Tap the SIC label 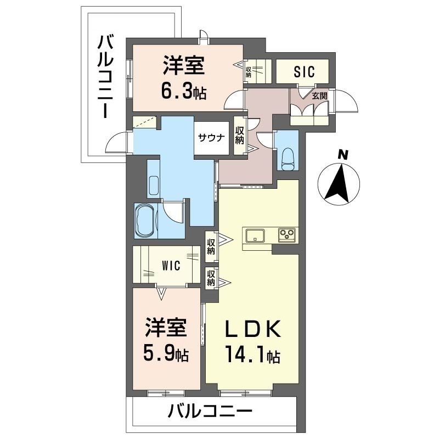point(302,71)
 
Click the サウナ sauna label point(210,138)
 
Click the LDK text point(254,330)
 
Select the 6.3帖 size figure point(183,91)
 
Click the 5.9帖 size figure point(167,354)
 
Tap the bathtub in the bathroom point(145,220)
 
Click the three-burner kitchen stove point(288,235)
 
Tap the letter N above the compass point(342,155)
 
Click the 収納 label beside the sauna point(240,135)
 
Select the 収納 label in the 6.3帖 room point(249,72)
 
